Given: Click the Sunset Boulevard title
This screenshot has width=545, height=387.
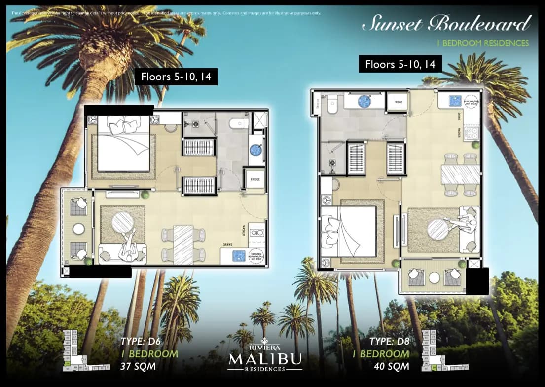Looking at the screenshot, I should pyautogui.click(x=446, y=24).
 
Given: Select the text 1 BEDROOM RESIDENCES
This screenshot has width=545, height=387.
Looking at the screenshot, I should pyautogui.click(x=482, y=43).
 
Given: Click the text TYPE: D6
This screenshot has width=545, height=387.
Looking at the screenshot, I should pyautogui.click(x=141, y=341).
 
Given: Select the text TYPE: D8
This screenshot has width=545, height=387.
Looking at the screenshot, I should pyautogui.click(x=389, y=341).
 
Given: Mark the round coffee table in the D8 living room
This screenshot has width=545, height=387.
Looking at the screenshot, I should pyautogui.click(x=437, y=229).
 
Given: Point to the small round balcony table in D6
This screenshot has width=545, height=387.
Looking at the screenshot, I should pyautogui.click(x=79, y=229).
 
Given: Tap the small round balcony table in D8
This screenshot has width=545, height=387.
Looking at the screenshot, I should pyautogui.click(x=434, y=278).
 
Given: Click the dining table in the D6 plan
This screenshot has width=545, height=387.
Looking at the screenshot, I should pyautogui.click(x=183, y=243).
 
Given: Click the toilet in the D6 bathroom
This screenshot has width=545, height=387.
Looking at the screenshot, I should pyautogui.click(x=239, y=123).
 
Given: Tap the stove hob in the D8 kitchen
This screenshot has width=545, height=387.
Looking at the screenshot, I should pyautogui.click(x=470, y=132).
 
